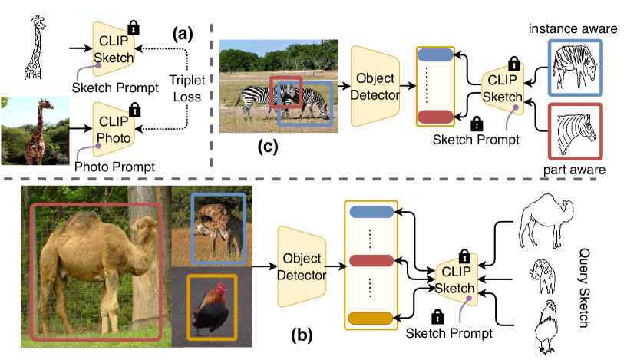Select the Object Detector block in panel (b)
coord(302,265)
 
